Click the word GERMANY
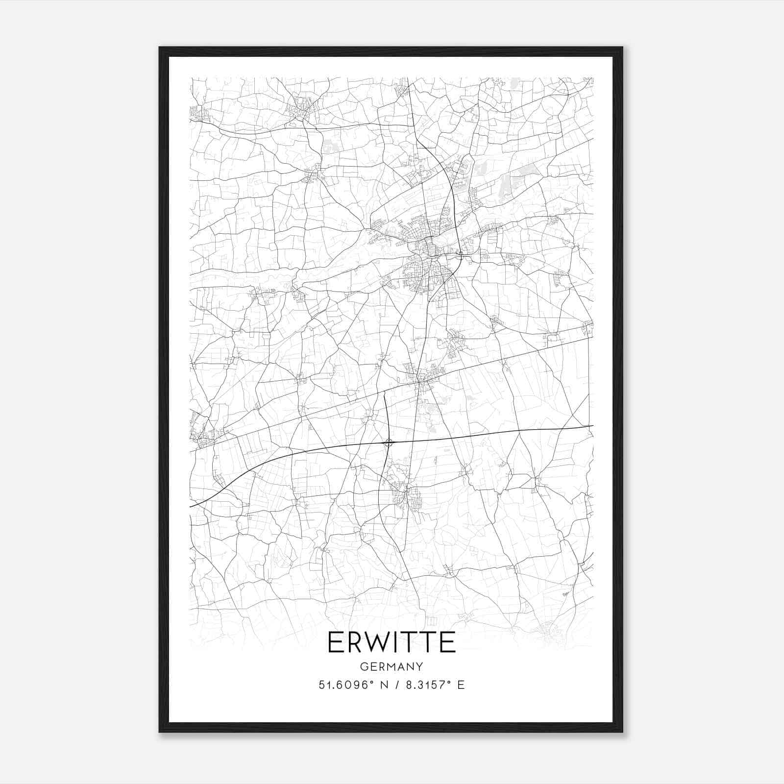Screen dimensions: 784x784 pyautogui.click(x=392, y=666)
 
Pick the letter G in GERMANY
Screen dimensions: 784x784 pyautogui.click(x=363, y=666)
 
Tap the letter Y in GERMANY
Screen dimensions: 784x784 pyautogui.click(x=419, y=666)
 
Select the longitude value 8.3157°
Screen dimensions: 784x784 pyautogui.click(x=427, y=685)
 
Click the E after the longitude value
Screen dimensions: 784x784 pyautogui.click(x=461, y=685)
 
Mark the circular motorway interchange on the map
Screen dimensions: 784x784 pyautogui.click(x=389, y=443)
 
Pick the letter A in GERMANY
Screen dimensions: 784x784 pyautogui.click(x=401, y=666)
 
